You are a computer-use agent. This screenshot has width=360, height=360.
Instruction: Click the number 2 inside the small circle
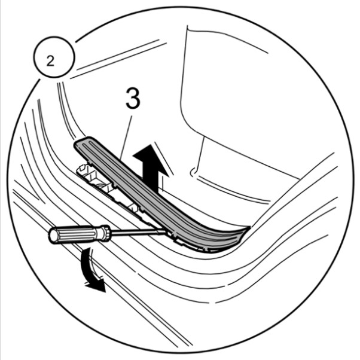click(x=50, y=60)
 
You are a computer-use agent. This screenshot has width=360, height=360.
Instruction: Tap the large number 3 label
click(x=133, y=98)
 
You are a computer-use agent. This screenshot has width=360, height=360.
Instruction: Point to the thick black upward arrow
click(x=151, y=168)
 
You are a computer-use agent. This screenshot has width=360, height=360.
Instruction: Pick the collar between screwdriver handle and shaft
click(x=106, y=233)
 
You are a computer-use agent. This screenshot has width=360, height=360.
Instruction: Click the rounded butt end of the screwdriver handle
click(x=52, y=236)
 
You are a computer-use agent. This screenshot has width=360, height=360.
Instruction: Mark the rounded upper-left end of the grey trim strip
click(x=80, y=144)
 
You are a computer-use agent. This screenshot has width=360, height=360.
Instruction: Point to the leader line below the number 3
click(x=126, y=138)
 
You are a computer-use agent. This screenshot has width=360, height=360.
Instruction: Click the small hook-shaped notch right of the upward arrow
click(x=193, y=172)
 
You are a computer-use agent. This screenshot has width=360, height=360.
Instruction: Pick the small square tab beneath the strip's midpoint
click(x=135, y=207)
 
